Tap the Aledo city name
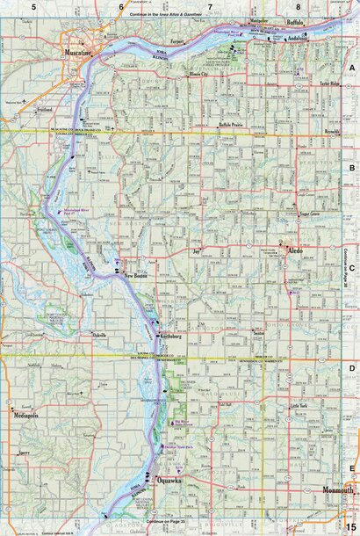click(x=297, y=251)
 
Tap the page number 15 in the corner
click(x=349, y=525)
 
